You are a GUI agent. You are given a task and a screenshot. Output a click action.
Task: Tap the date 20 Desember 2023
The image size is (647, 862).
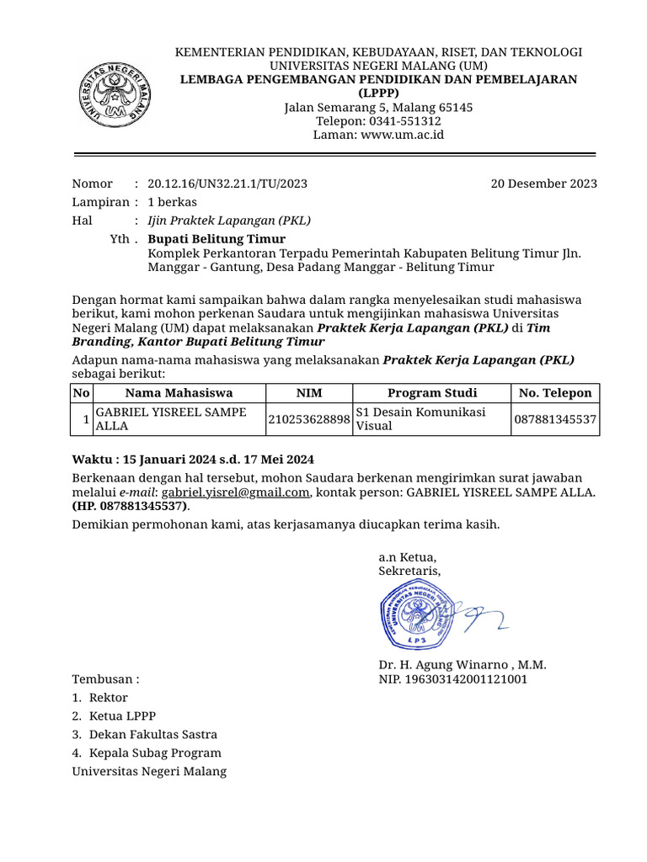click(543, 184)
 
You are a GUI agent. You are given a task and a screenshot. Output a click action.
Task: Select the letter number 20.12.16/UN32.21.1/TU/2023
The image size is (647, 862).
click(227, 184)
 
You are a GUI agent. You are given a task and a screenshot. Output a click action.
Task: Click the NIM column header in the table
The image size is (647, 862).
click(309, 393)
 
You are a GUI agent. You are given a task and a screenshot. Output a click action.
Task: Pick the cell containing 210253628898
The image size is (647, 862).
click(309, 419)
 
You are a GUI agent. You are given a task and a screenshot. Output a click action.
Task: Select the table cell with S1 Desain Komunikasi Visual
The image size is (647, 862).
click(430, 419)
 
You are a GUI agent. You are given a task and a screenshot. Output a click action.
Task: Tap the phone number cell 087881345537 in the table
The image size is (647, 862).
click(555, 419)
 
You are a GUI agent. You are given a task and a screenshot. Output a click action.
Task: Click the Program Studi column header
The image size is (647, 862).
click(431, 393)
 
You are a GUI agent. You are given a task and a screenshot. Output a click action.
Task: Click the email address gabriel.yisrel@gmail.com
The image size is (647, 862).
click(236, 492)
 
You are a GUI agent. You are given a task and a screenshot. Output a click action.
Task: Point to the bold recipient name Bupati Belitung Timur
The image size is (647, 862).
click(217, 239)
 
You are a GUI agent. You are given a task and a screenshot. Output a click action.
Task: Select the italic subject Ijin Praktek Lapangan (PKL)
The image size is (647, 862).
click(229, 221)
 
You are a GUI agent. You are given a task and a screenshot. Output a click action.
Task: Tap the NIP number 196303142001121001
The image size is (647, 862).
click(453, 678)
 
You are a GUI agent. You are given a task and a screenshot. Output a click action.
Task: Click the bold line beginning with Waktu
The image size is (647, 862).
click(193, 459)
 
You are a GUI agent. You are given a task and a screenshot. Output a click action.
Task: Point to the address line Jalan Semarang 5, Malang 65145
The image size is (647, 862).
click(378, 108)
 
